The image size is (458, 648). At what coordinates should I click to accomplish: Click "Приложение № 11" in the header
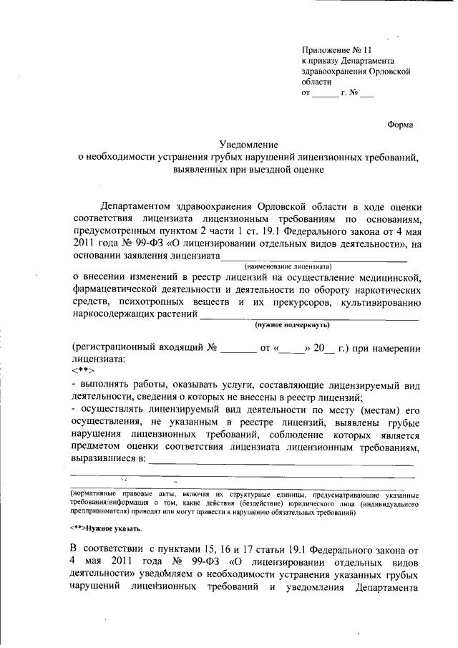(x=337, y=50)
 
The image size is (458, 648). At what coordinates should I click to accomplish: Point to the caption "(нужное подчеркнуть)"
(x=293, y=324)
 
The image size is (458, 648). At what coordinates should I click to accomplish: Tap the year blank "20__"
(x=326, y=349)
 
